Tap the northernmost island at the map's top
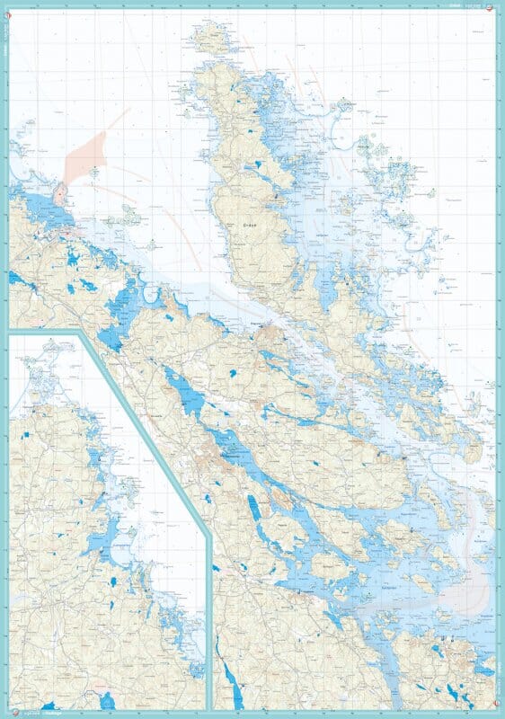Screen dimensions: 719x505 (210, 37)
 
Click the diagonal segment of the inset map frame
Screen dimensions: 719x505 (144, 431)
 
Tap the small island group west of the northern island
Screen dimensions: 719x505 (128, 216)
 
